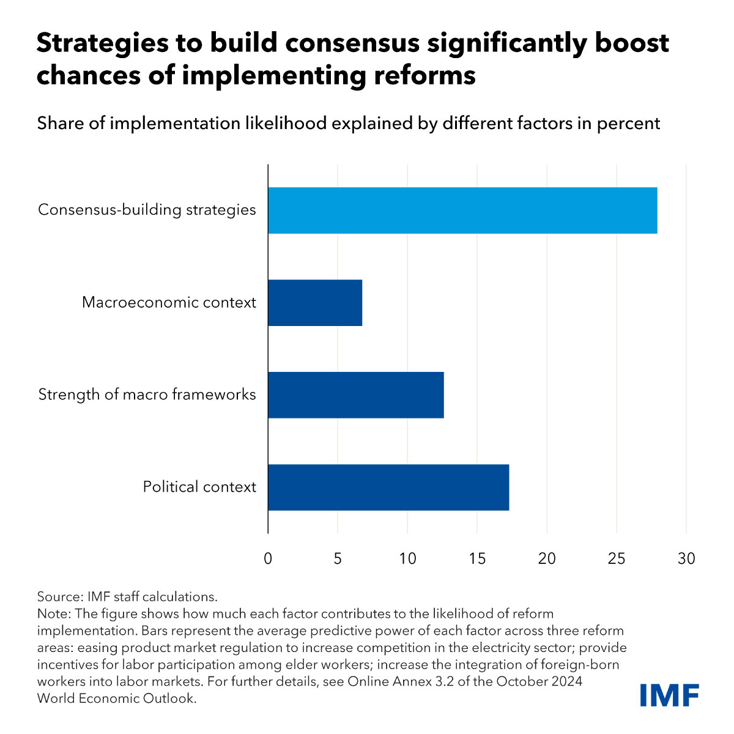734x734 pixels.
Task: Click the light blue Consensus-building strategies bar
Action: (462, 210)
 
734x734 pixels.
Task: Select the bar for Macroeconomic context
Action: (315, 303)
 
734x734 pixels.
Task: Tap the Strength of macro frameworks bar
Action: (356, 395)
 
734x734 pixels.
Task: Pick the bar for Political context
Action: (388, 487)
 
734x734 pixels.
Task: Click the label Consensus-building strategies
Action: (147, 210)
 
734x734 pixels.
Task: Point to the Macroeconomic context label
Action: (169, 302)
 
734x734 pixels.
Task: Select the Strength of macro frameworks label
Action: (147, 395)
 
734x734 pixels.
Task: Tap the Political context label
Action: (199, 487)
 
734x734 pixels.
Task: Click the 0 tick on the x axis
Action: (268, 558)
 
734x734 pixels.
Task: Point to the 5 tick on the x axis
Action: (338, 558)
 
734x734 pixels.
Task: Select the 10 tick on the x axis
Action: (407, 558)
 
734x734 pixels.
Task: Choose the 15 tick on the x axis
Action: (477, 558)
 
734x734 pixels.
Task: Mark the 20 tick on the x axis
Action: (547, 558)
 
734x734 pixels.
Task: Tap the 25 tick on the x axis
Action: (617, 558)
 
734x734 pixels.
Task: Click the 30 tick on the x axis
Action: (686, 558)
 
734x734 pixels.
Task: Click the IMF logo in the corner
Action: (669, 695)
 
